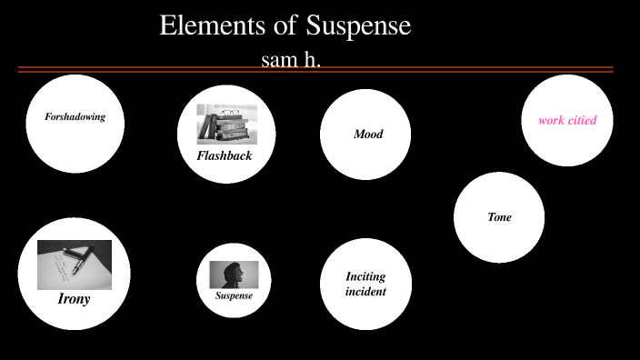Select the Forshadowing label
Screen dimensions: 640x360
click(75, 116)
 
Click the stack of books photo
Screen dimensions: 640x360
click(226, 125)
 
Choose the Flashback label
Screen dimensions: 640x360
click(225, 155)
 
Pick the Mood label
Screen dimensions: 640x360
click(368, 135)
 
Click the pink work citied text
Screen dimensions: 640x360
click(567, 120)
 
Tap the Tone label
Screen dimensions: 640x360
click(499, 217)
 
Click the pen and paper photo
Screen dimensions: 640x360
click(75, 265)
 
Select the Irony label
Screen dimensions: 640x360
click(74, 298)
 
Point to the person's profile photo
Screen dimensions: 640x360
click(234, 275)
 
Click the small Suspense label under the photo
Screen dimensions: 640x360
click(234, 295)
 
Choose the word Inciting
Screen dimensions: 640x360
click(365, 276)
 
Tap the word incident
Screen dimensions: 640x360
click(365, 292)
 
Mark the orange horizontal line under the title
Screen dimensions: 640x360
click(315, 69)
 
